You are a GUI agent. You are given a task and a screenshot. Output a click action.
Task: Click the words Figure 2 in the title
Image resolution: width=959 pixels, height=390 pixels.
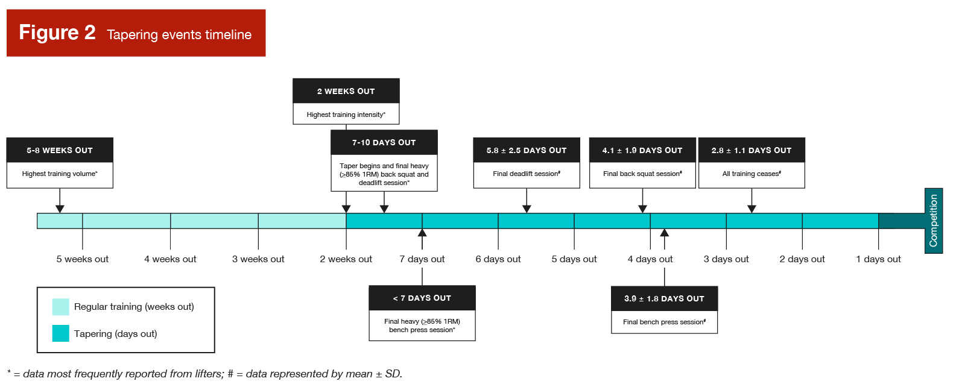coord(57,33)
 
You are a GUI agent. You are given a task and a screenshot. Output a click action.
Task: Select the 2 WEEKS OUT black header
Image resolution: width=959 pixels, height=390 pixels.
coord(346,91)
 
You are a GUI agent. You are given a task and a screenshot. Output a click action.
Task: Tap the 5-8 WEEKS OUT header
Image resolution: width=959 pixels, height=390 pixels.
coord(60,150)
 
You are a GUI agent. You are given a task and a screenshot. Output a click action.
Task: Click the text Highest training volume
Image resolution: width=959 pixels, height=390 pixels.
coord(60,174)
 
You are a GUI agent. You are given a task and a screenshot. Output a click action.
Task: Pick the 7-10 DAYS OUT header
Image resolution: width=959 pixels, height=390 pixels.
coord(384,143)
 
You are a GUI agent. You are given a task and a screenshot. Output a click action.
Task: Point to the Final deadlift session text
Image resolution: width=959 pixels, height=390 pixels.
coord(526,174)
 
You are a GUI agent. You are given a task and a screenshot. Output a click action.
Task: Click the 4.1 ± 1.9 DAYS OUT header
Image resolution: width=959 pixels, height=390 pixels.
coord(642,150)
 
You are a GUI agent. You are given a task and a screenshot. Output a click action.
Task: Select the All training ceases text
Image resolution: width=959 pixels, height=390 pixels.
coord(751,174)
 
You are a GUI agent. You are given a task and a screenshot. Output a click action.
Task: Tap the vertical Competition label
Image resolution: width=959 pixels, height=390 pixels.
coord(933,221)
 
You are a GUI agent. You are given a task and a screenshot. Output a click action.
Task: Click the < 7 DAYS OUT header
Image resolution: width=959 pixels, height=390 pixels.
coord(422,298)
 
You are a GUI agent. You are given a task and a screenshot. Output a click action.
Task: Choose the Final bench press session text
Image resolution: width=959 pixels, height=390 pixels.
coord(663,322)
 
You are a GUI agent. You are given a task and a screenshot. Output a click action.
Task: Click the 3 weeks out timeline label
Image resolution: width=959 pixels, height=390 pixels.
coord(258,259)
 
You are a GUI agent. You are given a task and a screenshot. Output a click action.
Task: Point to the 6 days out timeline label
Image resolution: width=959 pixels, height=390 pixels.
coord(498,259)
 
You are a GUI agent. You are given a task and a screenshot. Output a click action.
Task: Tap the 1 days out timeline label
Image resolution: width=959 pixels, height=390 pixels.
coord(878,259)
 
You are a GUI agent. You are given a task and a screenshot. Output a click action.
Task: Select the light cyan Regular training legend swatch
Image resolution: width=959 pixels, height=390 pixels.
coord(60,307)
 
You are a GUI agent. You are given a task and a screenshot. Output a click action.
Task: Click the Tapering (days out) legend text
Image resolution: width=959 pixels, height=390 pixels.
coord(115,334)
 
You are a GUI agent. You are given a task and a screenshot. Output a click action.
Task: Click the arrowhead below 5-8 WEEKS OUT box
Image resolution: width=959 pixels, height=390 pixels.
coord(60,209)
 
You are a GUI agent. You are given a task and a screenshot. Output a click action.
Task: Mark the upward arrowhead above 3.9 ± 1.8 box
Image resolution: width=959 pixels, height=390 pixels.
coord(664,233)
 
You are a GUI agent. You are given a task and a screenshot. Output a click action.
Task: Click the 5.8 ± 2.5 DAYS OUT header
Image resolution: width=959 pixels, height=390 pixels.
coord(526,150)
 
